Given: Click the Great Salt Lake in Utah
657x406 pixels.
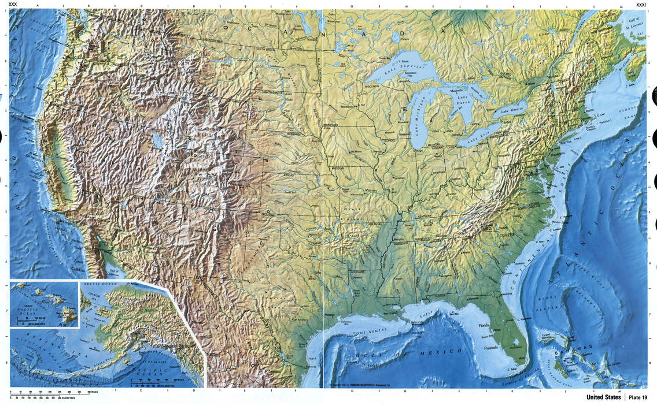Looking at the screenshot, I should pos(157,140).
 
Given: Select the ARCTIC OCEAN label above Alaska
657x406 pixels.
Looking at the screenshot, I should pos(99,285).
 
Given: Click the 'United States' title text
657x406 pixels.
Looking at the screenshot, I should pos(603,397).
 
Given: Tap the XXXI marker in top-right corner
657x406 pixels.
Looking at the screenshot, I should pos(640,5).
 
